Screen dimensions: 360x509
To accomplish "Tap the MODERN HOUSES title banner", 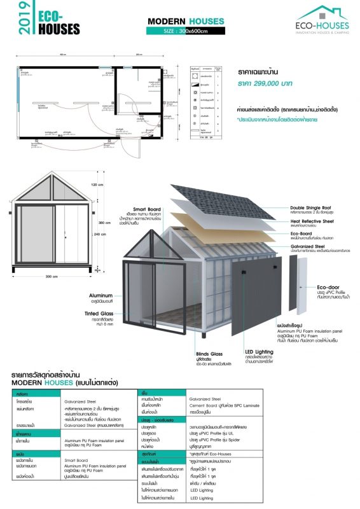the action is tap(186, 22).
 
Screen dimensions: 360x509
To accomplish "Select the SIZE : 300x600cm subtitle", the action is tap(186, 30).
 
